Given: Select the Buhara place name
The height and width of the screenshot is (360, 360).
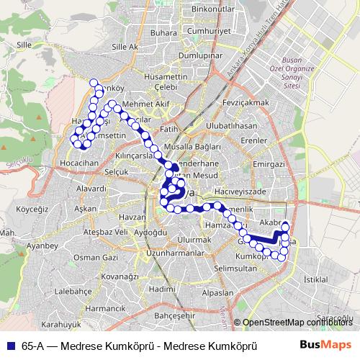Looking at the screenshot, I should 165,33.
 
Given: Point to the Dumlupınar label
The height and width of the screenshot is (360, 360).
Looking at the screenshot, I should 198,55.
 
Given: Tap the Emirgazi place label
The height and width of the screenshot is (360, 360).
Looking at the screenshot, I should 270,165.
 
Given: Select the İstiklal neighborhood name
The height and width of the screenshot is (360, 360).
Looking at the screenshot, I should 317,278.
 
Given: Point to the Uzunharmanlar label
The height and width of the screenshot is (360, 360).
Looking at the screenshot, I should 176,253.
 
